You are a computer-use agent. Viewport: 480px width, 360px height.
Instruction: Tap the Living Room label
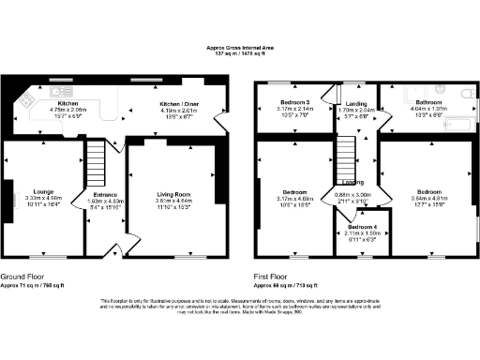click(x=172, y=194)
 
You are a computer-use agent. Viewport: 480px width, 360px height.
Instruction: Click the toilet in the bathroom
click(x=468, y=93)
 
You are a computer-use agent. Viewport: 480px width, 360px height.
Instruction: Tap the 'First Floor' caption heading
click(x=272, y=277)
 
